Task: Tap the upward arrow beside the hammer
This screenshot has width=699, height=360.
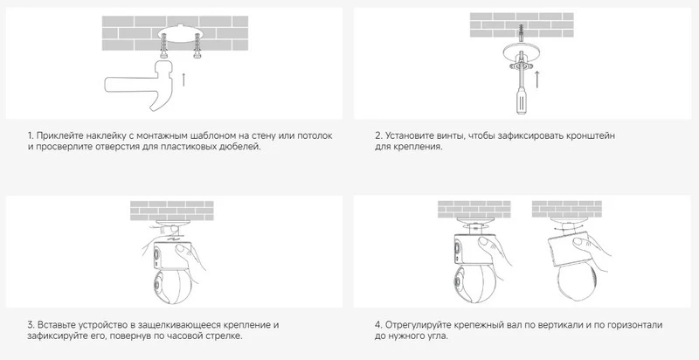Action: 183,79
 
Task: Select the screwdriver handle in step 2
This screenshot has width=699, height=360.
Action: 520,101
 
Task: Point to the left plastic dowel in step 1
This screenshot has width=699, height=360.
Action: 163,49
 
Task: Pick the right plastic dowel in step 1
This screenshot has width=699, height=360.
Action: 196,48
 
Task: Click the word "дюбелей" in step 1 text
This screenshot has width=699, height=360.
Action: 244,147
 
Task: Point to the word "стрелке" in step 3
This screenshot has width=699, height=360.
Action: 226,336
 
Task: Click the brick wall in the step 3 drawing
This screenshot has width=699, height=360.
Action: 172,211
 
